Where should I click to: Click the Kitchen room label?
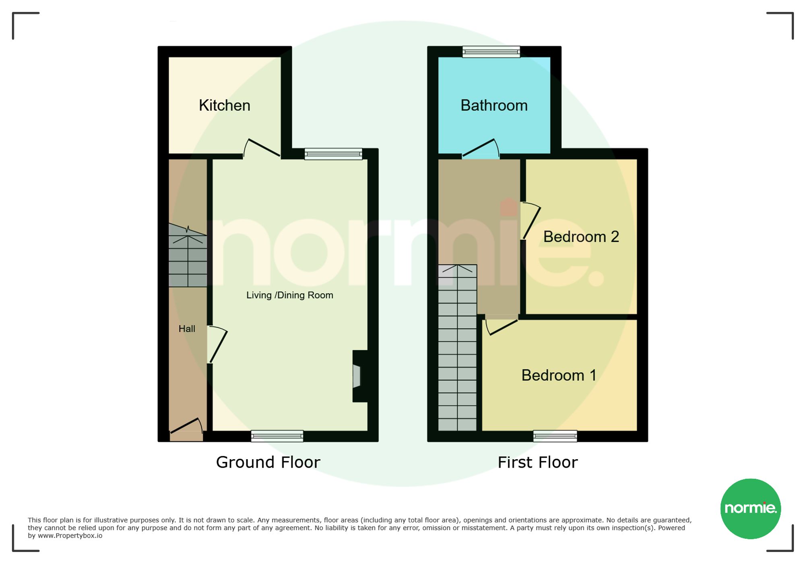click(x=225, y=105)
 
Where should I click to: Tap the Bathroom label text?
click(x=494, y=105)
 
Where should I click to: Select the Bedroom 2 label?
click(x=581, y=237)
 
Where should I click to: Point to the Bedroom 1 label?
click(x=559, y=375)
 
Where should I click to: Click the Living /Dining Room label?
click(x=290, y=295)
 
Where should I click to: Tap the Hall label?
click(x=187, y=329)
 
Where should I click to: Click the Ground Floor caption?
click(x=268, y=462)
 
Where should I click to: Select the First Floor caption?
click(x=538, y=462)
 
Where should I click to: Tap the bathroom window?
click(x=491, y=52)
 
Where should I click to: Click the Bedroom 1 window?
click(x=555, y=436)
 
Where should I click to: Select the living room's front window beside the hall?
click(x=277, y=436)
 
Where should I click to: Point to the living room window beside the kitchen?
click(x=333, y=154)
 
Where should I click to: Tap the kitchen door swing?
click(x=262, y=148)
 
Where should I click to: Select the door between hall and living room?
click(x=217, y=344)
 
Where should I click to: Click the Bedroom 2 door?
click(x=531, y=221)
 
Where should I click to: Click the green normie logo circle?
click(x=751, y=509)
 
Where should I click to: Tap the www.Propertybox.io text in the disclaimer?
click(x=70, y=536)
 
